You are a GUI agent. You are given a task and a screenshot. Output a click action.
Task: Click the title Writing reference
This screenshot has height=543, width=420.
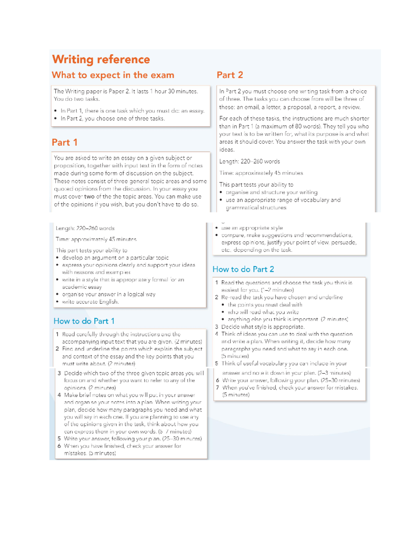pyautogui.click(x=101, y=59)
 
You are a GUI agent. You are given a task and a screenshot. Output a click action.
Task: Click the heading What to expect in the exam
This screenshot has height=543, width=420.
pyautogui.click(x=113, y=75)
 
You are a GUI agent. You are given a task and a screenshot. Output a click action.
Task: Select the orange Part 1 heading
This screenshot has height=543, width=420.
pyautogui.click(x=64, y=142)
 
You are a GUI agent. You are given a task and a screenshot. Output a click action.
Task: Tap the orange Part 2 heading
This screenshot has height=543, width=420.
pyautogui.click(x=230, y=75)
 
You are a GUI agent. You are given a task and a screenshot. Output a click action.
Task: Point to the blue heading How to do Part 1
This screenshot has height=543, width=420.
pyautogui.click(x=84, y=321)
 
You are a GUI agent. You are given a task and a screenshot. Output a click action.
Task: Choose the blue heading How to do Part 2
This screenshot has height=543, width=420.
pyautogui.click(x=243, y=269)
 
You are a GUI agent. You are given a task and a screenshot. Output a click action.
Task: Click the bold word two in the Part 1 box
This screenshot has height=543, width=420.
pyautogui.click(x=89, y=197)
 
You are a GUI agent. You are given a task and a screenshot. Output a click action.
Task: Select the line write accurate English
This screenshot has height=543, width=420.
pyautogui.click(x=90, y=302)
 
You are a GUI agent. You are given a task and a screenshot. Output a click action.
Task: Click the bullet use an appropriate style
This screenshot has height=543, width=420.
pyautogui.click(x=252, y=228)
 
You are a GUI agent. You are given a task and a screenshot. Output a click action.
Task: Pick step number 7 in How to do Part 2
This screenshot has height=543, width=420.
pyautogui.click(x=217, y=387)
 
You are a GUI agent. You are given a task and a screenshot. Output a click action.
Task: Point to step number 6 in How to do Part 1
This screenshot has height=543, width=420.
pyautogui.click(x=59, y=446)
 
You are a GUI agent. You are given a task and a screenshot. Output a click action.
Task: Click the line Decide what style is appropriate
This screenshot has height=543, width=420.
pyautogui.click(x=262, y=327)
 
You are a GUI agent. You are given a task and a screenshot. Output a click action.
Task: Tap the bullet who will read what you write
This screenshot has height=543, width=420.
pyautogui.click(x=263, y=312)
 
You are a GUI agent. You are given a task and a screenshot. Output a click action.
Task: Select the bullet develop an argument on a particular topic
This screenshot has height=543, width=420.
pyautogui.click(x=115, y=258)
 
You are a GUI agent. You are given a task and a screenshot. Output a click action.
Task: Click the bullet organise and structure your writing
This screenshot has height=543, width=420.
pyautogui.click(x=271, y=192)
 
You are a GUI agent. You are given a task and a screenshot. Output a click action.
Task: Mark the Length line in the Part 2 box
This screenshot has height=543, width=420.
pyautogui.click(x=249, y=162)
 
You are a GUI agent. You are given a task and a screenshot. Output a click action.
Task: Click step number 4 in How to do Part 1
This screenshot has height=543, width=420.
pyautogui.click(x=59, y=395)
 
